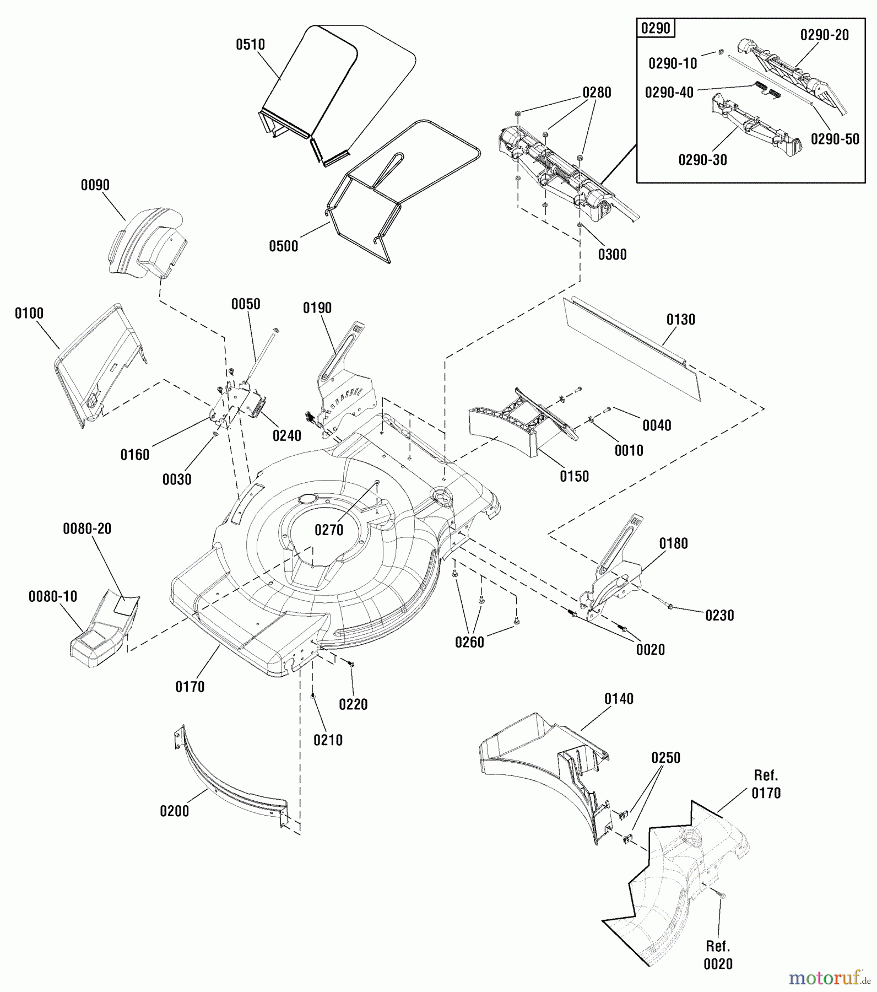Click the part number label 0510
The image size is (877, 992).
pyautogui.click(x=250, y=45)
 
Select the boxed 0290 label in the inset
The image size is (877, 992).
pyautogui.click(x=655, y=28)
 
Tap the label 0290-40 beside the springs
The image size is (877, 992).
pyautogui.click(x=669, y=93)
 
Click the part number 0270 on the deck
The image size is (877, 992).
pyautogui.click(x=329, y=530)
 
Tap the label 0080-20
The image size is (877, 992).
pyautogui.click(x=87, y=529)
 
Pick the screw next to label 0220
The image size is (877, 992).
pyautogui.click(x=351, y=665)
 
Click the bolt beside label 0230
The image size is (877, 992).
pyautogui.click(x=670, y=606)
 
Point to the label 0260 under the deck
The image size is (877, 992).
pyautogui.click(x=469, y=642)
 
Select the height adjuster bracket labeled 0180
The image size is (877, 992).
pyautogui.click(x=611, y=579)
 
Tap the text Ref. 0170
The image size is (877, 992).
pyautogui.click(x=766, y=784)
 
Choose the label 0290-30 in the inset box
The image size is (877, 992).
pyautogui.click(x=702, y=160)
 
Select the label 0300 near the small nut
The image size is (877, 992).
pyautogui.click(x=612, y=255)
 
